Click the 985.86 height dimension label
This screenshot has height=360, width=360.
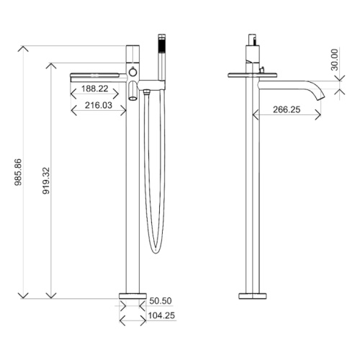pyautogui.click(x=18, y=172)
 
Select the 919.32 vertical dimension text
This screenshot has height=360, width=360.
pyautogui.click(x=46, y=181)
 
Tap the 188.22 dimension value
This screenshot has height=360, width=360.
pyautogui.click(x=95, y=89)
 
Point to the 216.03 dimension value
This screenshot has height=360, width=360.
pyautogui.click(x=99, y=105)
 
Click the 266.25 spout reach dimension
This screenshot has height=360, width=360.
pyautogui.click(x=287, y=109)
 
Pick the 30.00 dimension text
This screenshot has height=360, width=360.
pyautogui.click(x=334, y=60)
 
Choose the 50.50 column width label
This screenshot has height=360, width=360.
pyautogui.click(x=161, y=301)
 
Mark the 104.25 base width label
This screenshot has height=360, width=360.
pyautogui.click(x=161, y=315)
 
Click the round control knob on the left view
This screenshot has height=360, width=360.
pyautogui.click(x=132, y=72)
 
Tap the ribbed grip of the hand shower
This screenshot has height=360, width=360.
pyautogui.click(x=161, y=45)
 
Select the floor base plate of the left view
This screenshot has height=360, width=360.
pyautogui.click(x=132, y=296)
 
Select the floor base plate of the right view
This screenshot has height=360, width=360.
pyautogui.click(x=253, y=296)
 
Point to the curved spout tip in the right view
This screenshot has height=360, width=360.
pyautogui.click(x=321, y=98)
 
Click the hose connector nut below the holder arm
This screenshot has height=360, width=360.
pyautogui.click(x=146, y=91)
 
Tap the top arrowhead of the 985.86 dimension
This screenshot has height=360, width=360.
pyautogui.click(x=23, y=48)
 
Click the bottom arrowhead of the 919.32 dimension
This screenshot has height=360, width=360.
pyautogui.click(x=51, y=295)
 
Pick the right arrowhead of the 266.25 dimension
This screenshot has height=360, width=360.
pyautogui.click(x=318, y=114)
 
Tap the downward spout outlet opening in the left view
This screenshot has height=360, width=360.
pyautogui.click(x=132, y=98)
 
